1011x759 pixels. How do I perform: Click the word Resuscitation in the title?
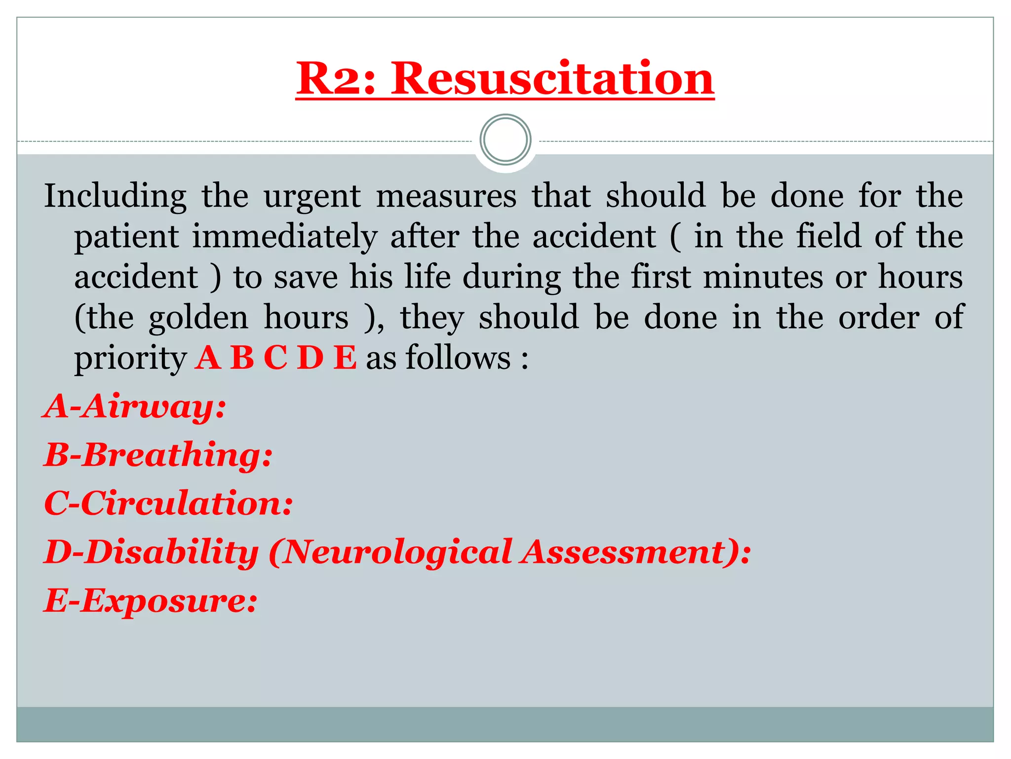pos(552,78)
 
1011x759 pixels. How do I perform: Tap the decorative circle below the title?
pos(505,140)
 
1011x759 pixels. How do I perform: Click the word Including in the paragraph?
pos(115,196)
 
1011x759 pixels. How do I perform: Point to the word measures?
pos(446,196)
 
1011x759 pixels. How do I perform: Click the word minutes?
pos(763,277)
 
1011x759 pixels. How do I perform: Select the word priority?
pos(130,358)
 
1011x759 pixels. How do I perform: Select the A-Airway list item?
pos(135,407)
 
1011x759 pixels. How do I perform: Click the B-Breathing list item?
pos(158,455)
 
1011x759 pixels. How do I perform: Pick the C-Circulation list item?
pos(168,503)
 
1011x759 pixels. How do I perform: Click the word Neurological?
pos(397,551)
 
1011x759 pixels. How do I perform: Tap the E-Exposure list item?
pos(151,600)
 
